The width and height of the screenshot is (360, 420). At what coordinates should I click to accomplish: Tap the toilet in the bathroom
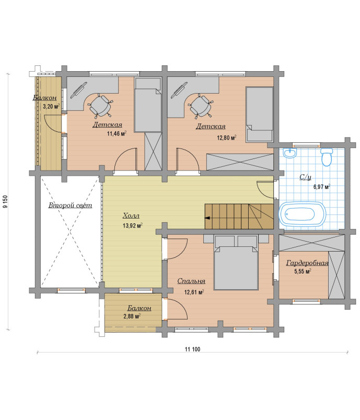pos(326,157)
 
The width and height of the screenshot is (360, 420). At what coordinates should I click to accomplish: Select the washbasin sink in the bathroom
pos(290,153)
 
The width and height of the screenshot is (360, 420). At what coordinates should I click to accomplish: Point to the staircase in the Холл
pos(239,217)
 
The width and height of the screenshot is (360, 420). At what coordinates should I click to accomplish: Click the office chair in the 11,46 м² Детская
pos(100,106)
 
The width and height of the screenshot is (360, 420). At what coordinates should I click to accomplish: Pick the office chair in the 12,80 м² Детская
pos(201,106)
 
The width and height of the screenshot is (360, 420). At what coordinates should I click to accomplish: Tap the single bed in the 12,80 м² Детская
pos(259,114)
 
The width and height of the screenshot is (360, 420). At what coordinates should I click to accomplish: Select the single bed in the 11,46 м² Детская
pos(148,105)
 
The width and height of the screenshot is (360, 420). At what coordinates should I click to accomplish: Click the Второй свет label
pos(70,206)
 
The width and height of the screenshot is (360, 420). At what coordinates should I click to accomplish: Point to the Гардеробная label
pos(307,263)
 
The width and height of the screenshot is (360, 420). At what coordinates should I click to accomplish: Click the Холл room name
pos(131,215)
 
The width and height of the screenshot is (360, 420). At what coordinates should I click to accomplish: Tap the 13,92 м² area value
pos(133,225)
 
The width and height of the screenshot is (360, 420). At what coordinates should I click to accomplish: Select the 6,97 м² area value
pos(322,187)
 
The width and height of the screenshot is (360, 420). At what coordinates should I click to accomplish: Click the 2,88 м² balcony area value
pos(132,316)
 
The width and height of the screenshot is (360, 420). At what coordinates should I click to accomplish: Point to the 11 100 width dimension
pos(192,349)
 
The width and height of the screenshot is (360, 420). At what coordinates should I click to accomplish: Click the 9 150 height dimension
pos(6,201)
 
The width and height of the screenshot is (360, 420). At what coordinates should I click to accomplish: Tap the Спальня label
pos(191,281)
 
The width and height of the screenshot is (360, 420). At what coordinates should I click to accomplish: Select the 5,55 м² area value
pos(303,271)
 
